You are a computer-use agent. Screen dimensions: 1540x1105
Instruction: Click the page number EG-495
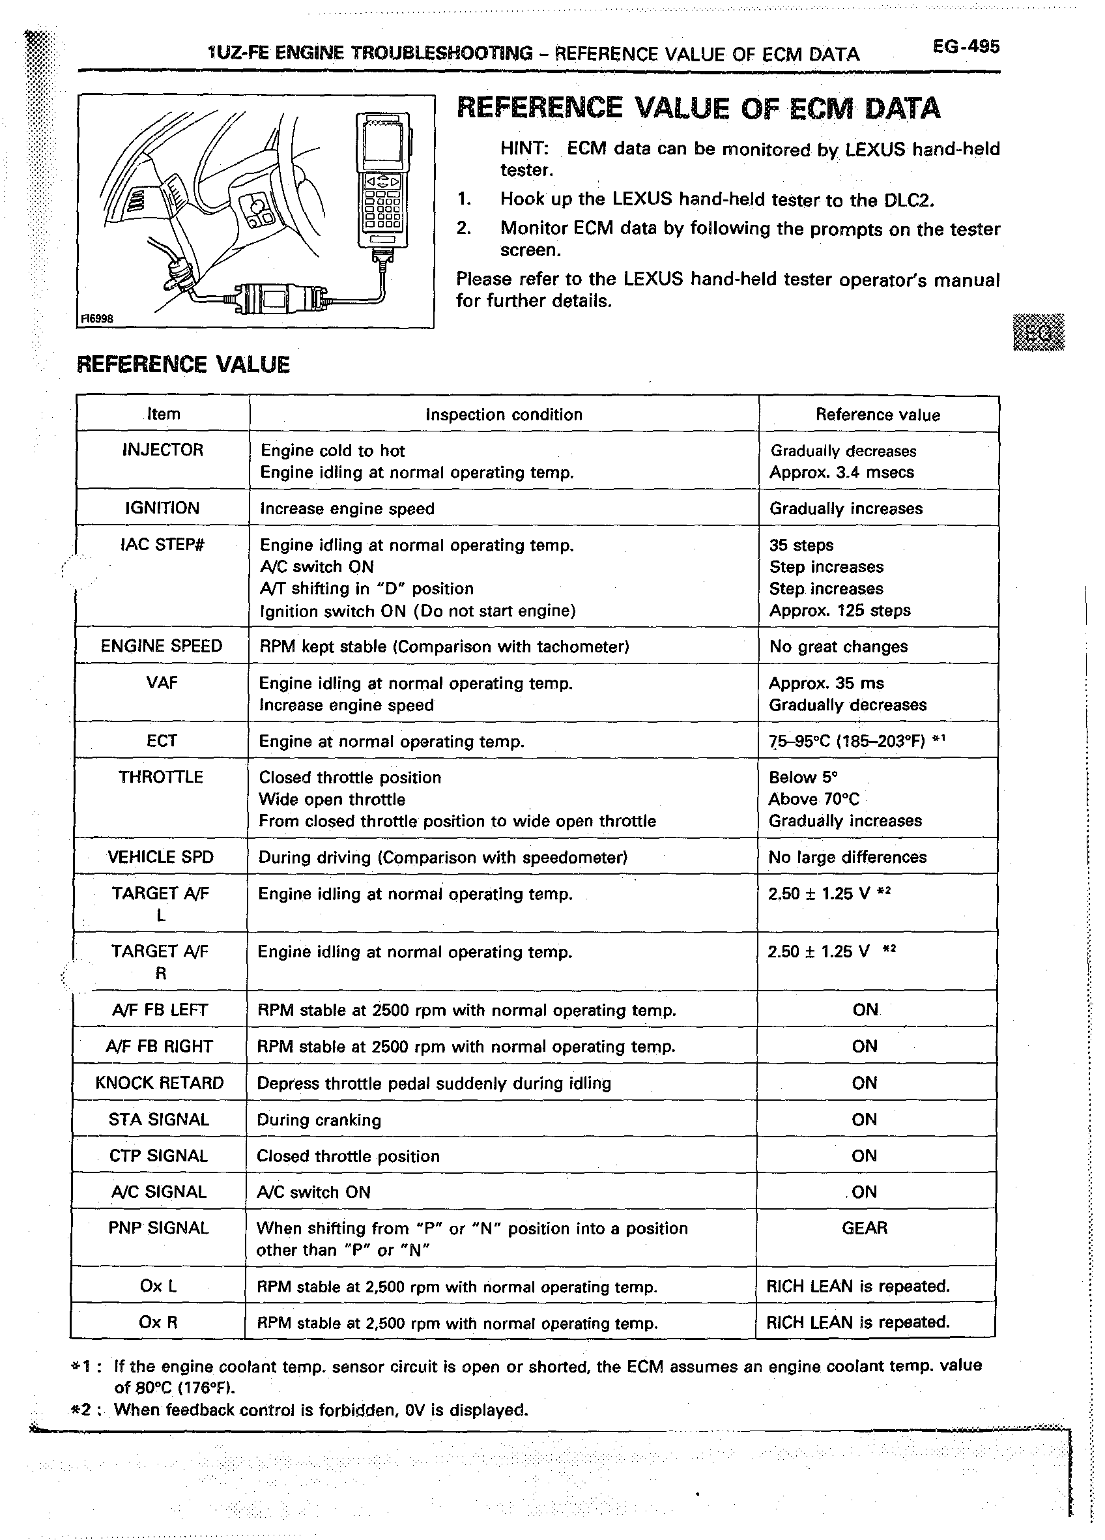click(965, 47)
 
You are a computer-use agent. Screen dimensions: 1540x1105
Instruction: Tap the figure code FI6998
click(96, 319)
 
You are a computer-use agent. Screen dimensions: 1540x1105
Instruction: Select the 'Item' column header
click(164, 414)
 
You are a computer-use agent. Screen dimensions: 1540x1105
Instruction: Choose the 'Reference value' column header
click(878, 415)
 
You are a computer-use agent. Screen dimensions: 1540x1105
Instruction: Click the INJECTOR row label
click(163, 450)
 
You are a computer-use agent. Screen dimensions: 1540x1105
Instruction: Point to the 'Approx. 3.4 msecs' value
click(842, 472)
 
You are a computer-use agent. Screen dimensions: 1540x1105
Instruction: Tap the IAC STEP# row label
click(162, 545)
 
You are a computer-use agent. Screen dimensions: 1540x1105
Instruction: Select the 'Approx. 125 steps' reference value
click(840, 611)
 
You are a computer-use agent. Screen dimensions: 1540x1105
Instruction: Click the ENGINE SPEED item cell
click(162, 647)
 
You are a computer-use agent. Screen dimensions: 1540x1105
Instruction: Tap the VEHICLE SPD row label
click(161, 857)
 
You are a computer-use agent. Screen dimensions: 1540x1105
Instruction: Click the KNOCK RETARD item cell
click(160, 1083)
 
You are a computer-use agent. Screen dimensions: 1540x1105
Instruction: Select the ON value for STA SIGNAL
click(864, 1120)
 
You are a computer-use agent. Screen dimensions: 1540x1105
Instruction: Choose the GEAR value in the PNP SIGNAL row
click(864, 1228)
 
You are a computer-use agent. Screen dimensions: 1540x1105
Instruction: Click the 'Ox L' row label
click(158, 1286)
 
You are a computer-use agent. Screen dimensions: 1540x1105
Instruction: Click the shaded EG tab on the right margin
click(1039, 333)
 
